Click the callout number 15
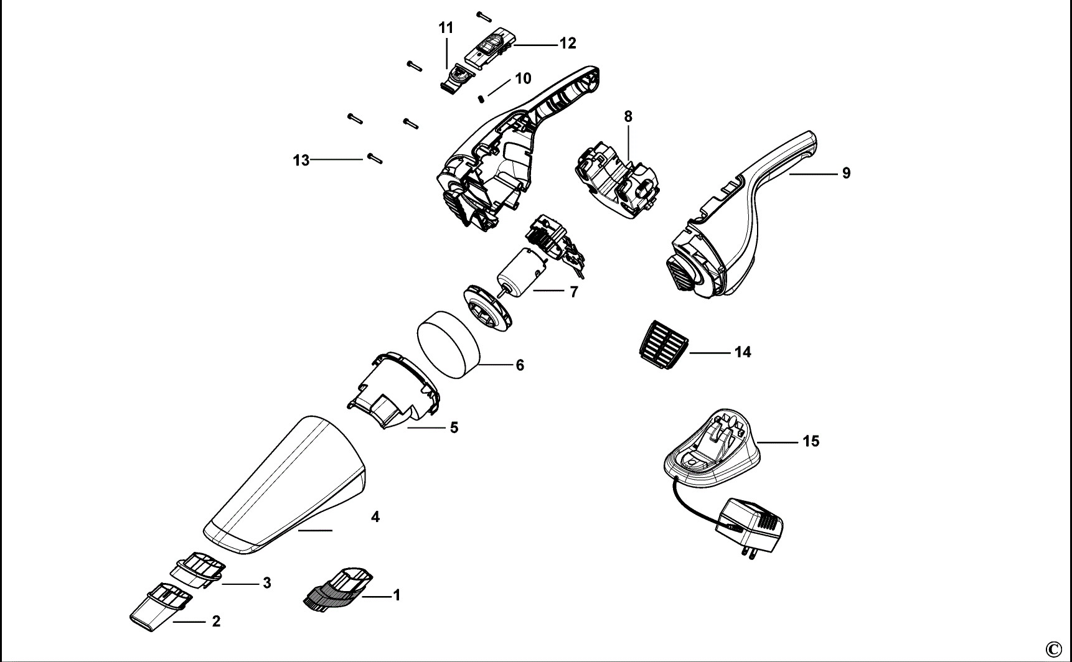click(x=811, y=441)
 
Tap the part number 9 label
click(x=846, y=174)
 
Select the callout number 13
click(x=301, y=161)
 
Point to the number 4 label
click(x=375, y=516)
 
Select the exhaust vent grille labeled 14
click(x=661, y=340)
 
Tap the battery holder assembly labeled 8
click(x=616, y=180)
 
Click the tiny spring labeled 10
click(x=481, y=97)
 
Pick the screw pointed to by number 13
click(x=374, y=159)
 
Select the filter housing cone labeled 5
click(x=393, y=389)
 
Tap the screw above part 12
click(x=484, y=16)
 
